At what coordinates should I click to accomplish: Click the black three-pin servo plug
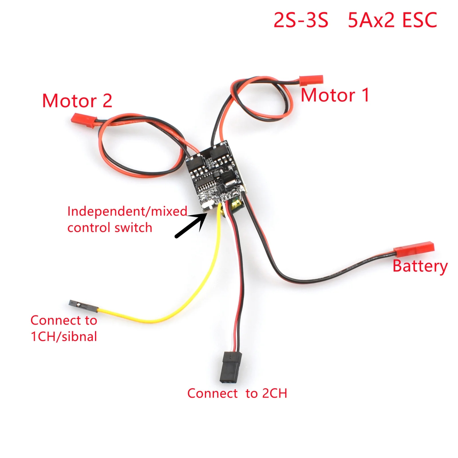230,367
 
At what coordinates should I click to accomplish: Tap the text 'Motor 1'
335,95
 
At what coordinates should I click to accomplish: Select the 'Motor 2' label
77,101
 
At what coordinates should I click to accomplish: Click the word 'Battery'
420,266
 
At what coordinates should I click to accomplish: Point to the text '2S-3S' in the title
301,20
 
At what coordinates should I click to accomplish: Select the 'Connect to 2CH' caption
237,393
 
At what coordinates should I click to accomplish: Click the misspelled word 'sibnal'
80,337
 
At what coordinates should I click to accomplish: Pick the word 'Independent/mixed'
127,212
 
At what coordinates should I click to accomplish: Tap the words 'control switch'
110,228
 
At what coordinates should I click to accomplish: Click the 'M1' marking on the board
224,142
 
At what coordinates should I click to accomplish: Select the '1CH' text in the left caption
43,337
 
